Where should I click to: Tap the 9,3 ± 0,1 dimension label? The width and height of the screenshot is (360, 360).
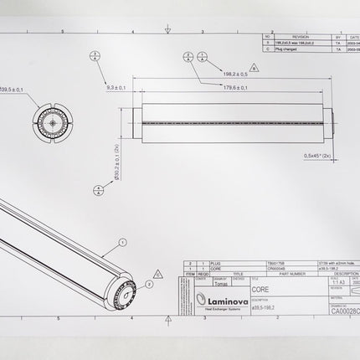(116, 87)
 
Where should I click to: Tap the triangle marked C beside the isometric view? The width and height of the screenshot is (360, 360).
(158, 272)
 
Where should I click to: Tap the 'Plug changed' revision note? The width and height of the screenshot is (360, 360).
(287, 49)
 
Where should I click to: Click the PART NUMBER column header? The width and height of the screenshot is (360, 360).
(278, 273)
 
